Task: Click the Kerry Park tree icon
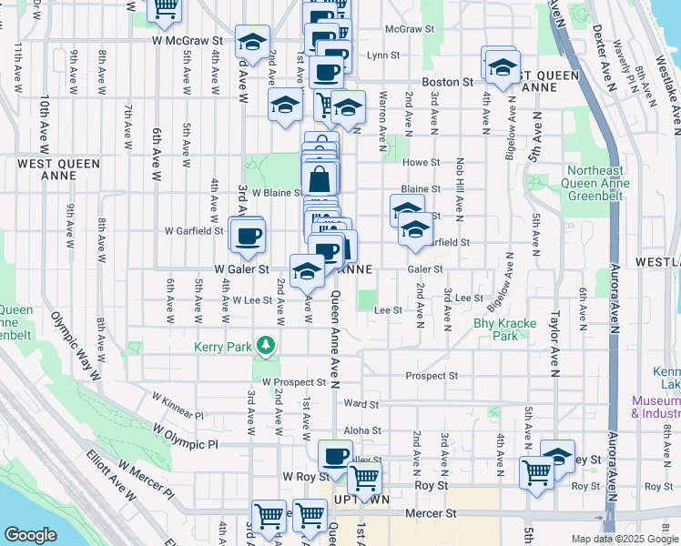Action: point(265,346)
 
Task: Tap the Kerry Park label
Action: point(221,346)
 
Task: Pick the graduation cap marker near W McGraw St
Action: point(252,42)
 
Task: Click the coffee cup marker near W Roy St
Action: point(335,456)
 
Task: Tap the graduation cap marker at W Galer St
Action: point(307,270)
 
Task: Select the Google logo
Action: point(30,535)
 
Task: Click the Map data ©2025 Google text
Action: point(624,539)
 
